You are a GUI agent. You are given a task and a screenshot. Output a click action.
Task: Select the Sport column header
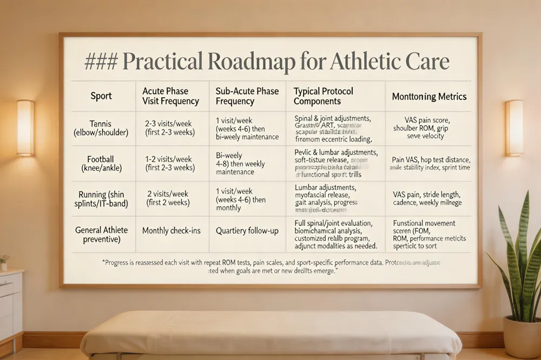101,96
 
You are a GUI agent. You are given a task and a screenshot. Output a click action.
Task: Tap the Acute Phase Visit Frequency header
170,96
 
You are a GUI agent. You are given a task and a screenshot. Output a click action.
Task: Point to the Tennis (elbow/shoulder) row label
101,127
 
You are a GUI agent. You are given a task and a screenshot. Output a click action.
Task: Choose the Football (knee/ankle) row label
101,163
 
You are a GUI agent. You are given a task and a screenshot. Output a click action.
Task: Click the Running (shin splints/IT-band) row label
101,198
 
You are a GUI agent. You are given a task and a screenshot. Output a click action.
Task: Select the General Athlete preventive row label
101,235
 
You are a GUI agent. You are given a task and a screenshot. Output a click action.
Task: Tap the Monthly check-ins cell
171,231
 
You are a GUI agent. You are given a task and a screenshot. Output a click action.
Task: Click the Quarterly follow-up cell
247,231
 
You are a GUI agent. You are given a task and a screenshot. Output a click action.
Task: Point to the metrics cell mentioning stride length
427,198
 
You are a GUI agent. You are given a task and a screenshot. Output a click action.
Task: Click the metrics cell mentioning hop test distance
430,163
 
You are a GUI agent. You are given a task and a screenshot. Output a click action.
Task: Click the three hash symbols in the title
101,62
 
